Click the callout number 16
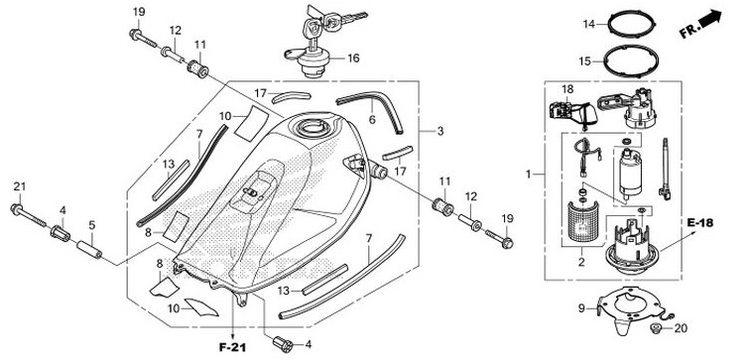click(353, 59)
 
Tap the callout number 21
click(20, 186)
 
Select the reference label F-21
click(232, 348)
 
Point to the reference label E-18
click(699, 223)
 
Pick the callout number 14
click(589, 24)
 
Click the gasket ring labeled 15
click(631, 60)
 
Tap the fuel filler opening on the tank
click(312, 127)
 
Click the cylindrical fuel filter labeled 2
click(583, 223)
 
